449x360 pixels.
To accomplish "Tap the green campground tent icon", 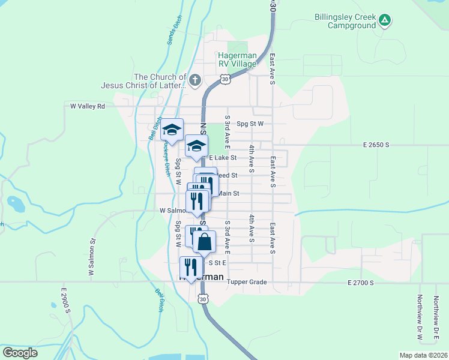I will [385, 22].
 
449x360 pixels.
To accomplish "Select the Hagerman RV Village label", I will [237, 60].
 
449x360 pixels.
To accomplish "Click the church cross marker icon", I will [194, 80].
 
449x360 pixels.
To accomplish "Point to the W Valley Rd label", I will [88, 106].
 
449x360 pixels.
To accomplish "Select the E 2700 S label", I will [360, 282].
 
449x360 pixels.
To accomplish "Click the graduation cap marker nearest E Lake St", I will [196, 145].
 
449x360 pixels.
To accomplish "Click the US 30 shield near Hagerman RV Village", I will [224, 79].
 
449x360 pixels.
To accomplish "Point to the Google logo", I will [20, 353].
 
